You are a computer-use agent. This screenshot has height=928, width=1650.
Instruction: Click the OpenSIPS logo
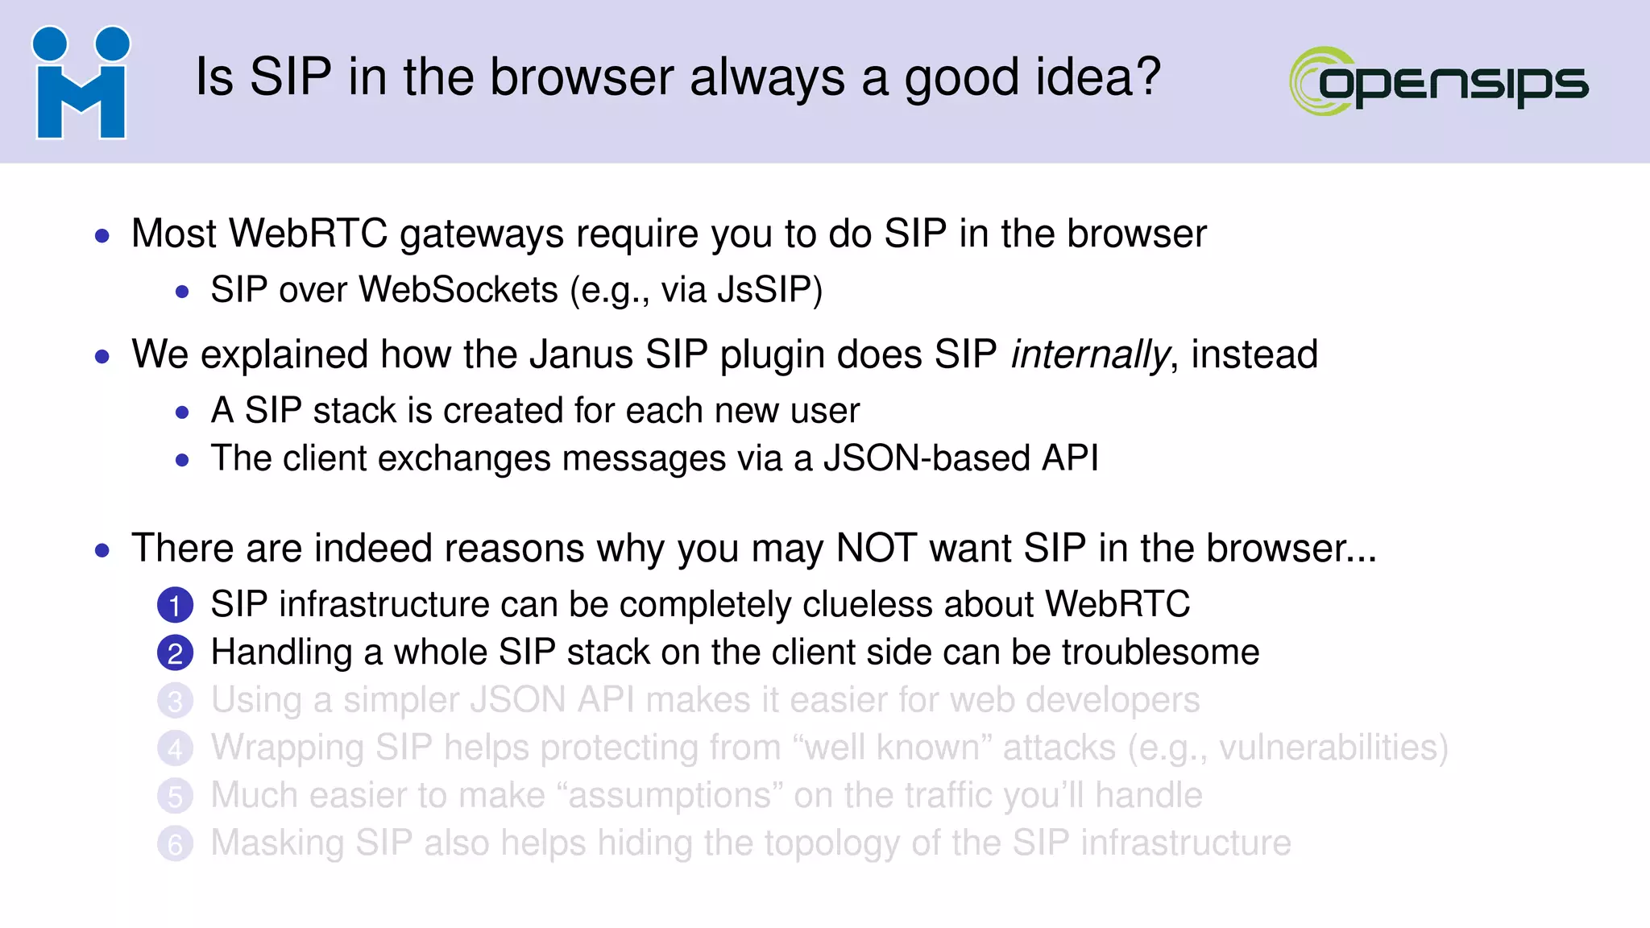(x=1438, y=81)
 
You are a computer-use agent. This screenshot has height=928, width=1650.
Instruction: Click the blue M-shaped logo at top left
(x=81, y=83)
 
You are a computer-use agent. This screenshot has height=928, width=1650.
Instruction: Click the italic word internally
(x=1089, y=355)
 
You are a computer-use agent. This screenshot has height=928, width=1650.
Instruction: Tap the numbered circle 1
(x=175, y=605)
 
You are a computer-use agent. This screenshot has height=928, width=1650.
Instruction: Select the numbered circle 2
(x=175, y=652)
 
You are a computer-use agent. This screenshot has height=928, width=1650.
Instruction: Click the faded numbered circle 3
(x=175, y=700)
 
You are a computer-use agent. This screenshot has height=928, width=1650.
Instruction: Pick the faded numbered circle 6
(x=175, y=843)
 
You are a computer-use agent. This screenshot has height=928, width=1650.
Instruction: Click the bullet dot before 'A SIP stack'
(x=182, y=412)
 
